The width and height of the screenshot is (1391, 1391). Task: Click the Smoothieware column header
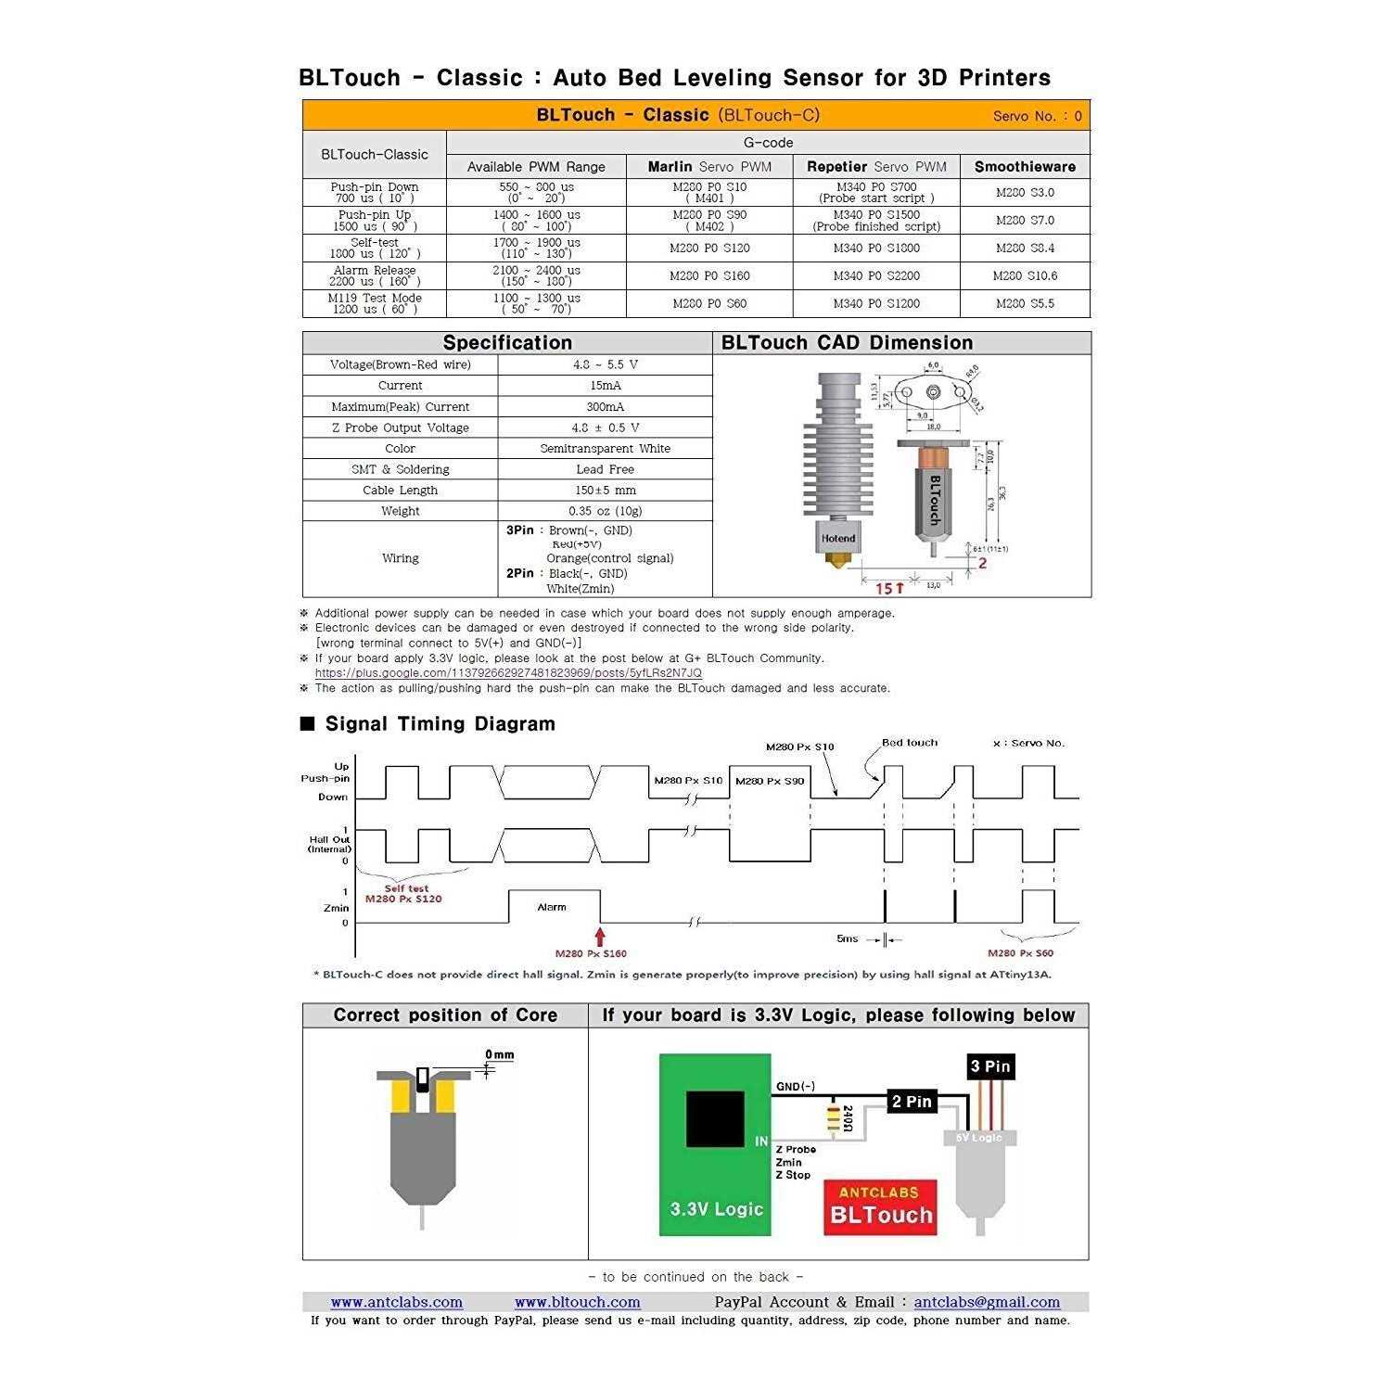tap(1025, 167)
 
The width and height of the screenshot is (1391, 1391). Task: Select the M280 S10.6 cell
tap(1025, 275)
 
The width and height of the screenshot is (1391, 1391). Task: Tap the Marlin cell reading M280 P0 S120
tap(709, 249)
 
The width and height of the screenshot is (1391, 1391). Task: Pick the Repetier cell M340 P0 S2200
tap(876, 275)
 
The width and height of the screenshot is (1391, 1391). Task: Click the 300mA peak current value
tap(605, 406)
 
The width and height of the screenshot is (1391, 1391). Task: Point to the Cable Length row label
tap(400, 490)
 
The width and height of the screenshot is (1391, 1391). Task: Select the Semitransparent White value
tap(605, 448)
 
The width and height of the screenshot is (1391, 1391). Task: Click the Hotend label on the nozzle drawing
tap(837, 538)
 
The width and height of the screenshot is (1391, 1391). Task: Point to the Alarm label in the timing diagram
tap(552, 907)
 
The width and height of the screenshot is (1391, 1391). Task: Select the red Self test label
tap(406, 888)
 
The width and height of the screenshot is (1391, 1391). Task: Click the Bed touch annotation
tap(909, 743)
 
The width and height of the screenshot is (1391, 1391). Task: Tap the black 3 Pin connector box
tap(990, 1066)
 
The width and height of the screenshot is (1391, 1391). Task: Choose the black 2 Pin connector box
tap(912, 1102)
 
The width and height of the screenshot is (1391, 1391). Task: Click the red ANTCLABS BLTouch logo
tap(880, 1206)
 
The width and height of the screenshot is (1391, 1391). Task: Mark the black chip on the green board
tap(715, 1118)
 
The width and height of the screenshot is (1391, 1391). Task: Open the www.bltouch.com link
tap(577, 1302)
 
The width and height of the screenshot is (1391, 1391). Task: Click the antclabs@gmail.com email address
tap(987, 1302)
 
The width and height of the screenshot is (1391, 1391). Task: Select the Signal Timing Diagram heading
tap(440, 724)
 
